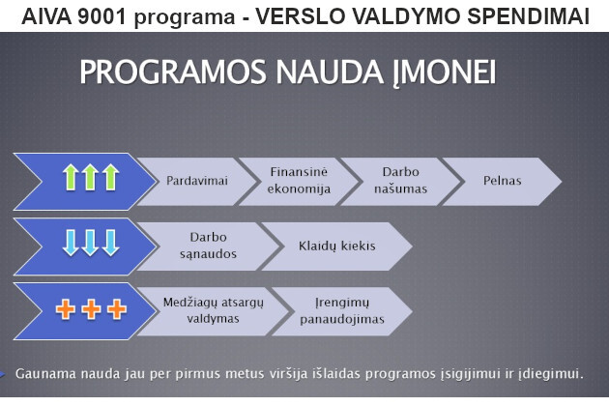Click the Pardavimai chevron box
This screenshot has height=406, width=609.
point(196,181)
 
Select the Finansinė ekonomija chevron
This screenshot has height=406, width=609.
point(299,181)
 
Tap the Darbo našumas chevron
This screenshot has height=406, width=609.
point(400,181)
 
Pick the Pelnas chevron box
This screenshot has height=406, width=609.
point(502,181)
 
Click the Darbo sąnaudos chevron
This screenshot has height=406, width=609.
point(208,246)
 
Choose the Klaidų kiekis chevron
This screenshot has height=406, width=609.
point(337,246)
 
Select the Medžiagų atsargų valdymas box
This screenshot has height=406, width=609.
point(213,311)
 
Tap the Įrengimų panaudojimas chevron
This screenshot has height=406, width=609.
point(342,311)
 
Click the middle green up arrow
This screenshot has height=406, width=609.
point(91,177)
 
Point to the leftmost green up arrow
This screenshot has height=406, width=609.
point(71,177)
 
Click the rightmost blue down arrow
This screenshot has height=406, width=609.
point(111,243)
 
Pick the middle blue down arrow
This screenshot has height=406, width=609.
point(91,243)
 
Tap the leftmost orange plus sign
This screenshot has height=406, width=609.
point(66,309)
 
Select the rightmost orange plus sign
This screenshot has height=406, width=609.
point(117,309)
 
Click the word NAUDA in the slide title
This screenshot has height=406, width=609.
point(330,72)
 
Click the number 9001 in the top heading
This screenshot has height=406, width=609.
point(101,16)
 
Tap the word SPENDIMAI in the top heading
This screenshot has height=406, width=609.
point(528,16)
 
